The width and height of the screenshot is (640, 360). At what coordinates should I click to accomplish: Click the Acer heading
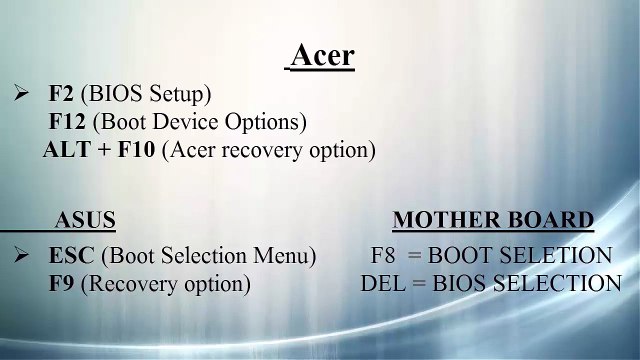coord(322,56)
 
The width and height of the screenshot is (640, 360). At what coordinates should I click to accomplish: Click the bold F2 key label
coord(61,95)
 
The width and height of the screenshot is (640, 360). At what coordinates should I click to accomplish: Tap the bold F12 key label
coord(66,123)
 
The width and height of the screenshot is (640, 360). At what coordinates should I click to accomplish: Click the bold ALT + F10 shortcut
coord(99,151)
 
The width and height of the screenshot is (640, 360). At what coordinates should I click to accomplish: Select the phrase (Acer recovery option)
coord(268,151)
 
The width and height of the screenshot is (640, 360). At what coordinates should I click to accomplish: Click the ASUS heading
coord(85,220)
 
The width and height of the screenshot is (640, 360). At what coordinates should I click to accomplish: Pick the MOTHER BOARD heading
coord(493,220)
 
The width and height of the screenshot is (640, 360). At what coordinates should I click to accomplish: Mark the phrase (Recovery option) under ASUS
coord(165,284)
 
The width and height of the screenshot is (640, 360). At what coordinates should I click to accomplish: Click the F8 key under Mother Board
coord(384,256)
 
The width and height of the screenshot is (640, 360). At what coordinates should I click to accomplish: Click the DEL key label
coord(380,284)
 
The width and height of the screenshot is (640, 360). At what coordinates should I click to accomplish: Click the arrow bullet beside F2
coord(21,94)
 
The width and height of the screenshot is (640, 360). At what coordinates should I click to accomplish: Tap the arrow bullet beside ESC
coord(21,255)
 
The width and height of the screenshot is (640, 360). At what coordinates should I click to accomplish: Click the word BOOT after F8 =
coord(466,256)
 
